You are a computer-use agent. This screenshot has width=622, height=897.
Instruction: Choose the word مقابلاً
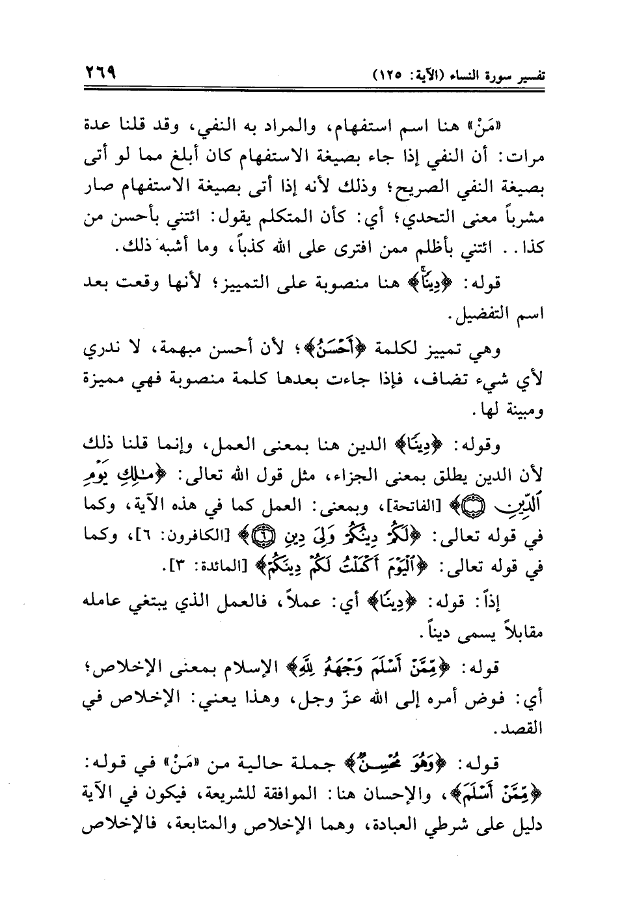(x=515, y=631)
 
